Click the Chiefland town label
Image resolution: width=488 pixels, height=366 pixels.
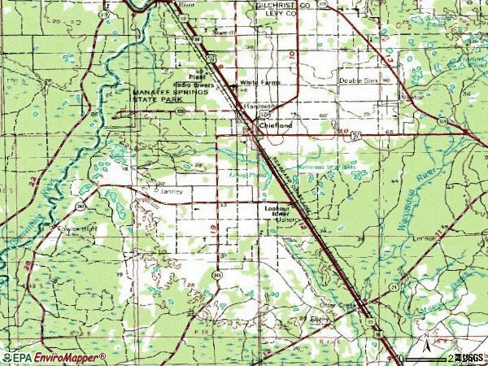click(x=275, y=125)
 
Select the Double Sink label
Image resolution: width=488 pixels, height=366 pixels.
click(x=359, y=81)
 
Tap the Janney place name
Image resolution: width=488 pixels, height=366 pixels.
click(x=174, y=191)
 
